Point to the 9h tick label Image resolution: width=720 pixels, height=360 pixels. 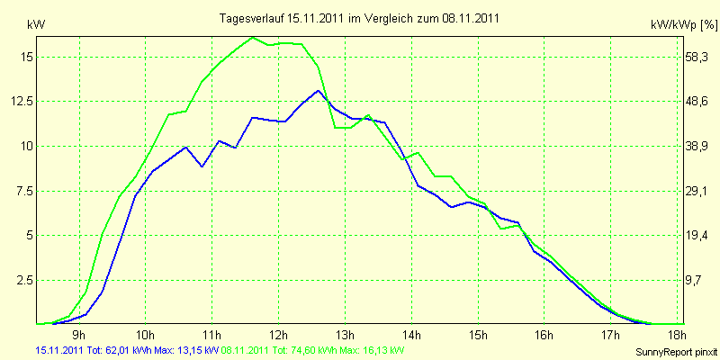[x=78, y=336]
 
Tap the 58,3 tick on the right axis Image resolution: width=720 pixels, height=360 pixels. [x=698, y=56]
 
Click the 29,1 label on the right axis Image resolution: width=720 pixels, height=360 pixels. [x=698, y=191]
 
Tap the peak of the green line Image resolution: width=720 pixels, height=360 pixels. [x=253, y=38]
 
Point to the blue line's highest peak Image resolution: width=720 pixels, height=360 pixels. [x=319, y=90]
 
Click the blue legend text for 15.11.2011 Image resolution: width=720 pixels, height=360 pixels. [x=126, y=350]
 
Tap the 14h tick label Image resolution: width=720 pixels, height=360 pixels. [x=413, y=336]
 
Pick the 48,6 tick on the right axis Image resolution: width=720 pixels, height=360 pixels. [x=698, y=101]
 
